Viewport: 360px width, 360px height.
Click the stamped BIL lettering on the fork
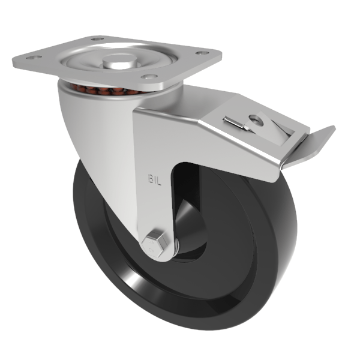coord(155,178)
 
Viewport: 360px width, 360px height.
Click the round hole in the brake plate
coord(256,119)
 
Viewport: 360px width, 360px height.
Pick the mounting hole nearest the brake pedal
coord(203,53)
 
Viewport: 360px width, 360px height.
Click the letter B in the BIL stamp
coord(151,178)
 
